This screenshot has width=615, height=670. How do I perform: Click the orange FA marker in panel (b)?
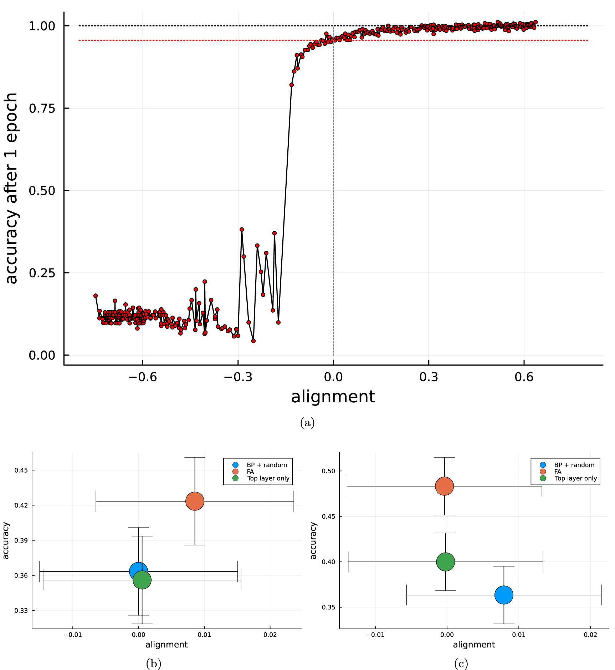point(195,501)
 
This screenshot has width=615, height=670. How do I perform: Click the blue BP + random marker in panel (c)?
point(504,595)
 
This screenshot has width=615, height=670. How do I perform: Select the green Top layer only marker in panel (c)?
point(446,562)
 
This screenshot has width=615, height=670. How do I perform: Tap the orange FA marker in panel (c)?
point(445,486)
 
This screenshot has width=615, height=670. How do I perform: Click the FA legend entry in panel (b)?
point(250,472)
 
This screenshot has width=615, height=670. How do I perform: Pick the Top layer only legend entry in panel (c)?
point(575,478)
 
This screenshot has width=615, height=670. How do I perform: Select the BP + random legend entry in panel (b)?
point(267,465)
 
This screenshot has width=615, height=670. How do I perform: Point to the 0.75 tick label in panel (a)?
point(42,108)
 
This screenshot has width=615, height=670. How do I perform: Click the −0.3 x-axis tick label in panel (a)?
point(238,377)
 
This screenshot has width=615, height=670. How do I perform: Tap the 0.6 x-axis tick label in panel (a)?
point(524,377)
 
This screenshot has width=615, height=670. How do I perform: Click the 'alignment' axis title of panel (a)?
point(333,397)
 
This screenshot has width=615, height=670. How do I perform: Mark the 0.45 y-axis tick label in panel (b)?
point(21,470)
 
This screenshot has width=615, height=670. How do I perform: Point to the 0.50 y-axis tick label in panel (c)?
point(328,471)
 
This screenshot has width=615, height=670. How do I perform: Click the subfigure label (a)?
point(307,423)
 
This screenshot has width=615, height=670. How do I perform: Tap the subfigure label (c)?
point(461,664)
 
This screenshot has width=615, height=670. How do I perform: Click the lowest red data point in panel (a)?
point(253,341)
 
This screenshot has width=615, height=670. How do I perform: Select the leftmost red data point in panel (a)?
point(96,296)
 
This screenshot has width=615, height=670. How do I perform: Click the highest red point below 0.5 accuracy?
point(242,230)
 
